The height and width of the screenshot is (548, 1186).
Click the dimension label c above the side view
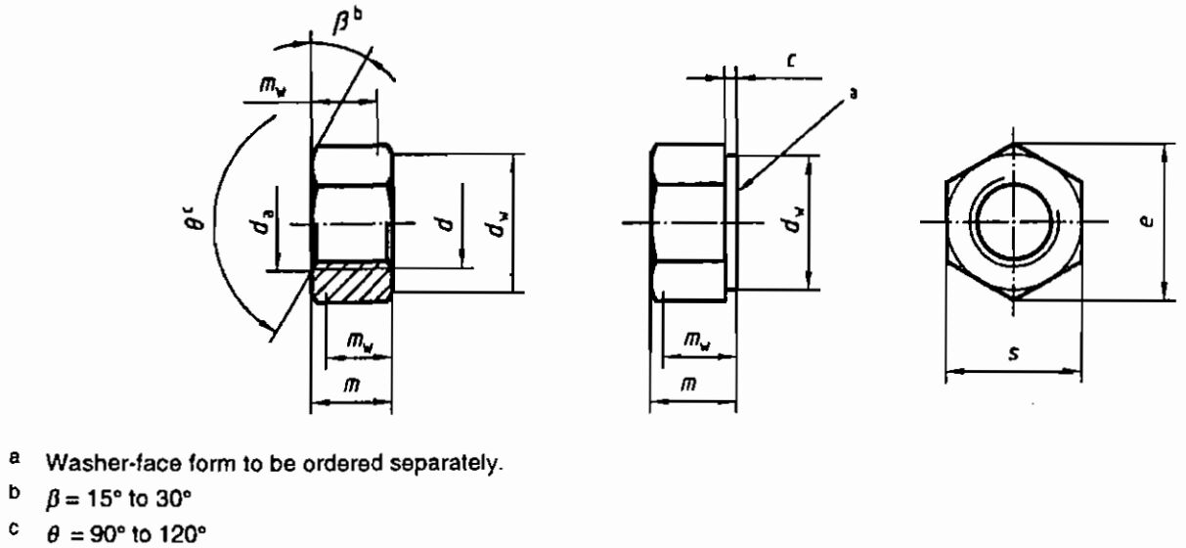click(x=792, y=61)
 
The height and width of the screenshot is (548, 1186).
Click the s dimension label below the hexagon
click(x=1013, y=353)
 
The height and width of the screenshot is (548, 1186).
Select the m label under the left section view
click(x=352, y=385)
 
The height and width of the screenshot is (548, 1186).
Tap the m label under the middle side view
click(x=688, y=384)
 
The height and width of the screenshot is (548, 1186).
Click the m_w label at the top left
click(x=273, y=86)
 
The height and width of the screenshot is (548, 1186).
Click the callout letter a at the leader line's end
click(x=853, y=94)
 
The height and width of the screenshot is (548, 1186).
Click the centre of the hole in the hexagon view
click(x=1013, y=221)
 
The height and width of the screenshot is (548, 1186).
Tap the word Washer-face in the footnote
click(x=113, y=463)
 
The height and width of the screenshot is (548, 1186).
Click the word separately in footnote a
click(x=445, y=464)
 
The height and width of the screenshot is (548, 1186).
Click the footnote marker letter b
click(x=15, y=493)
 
